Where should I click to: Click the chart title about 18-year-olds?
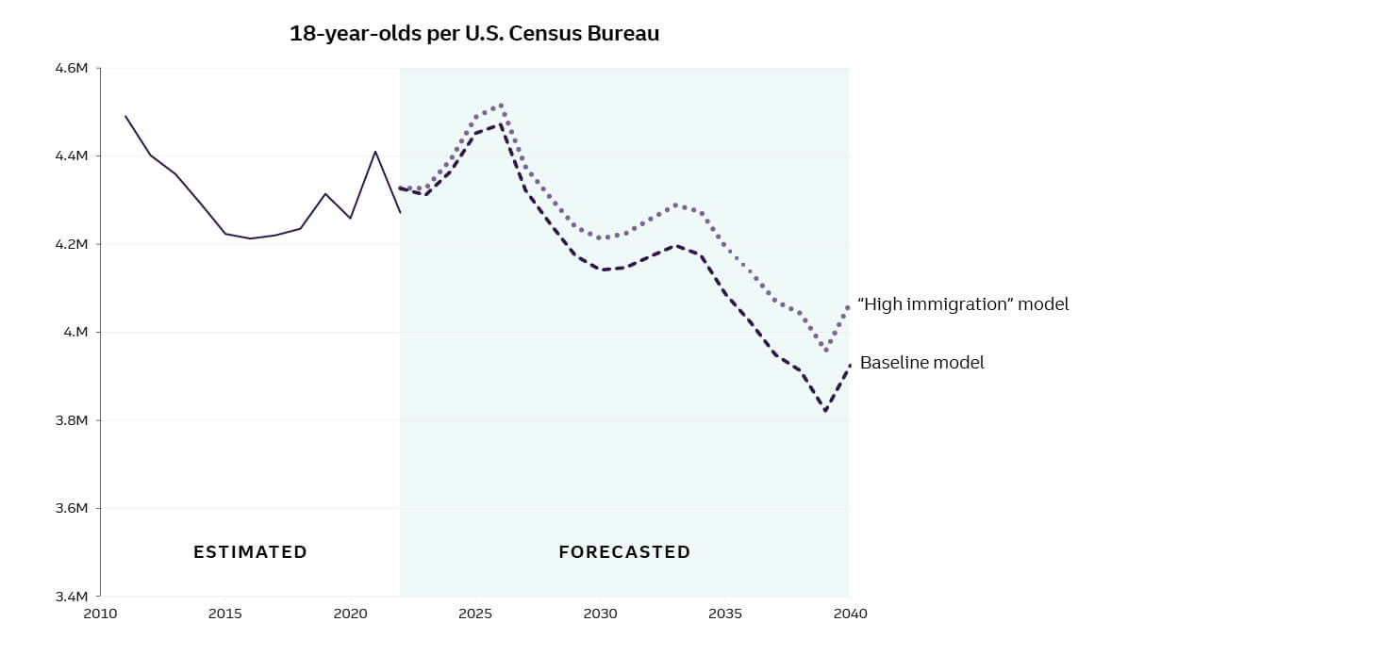(x=474, y=34)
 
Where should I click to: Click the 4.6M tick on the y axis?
(x=74, y=68)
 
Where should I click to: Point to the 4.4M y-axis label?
(x=74, y=156)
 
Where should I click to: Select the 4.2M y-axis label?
(x=74, y=244)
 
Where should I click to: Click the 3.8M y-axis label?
(x=74, y=420)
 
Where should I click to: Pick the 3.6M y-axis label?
(x=74, y=508)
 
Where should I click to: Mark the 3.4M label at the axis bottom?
(x=74, y=597)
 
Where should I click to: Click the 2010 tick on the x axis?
(x=100, y=614)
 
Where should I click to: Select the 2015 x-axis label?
(x=224, y=614)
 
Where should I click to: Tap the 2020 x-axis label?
(x=350, y=614)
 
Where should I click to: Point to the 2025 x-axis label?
(x=474, y=614)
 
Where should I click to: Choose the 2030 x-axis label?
(x=600, y=614)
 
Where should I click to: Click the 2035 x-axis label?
(x=724, y=614)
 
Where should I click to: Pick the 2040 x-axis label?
(x=849, y=614)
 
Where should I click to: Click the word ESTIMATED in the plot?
(x=250, y=552)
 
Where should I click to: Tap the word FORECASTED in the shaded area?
(x=624, y=552)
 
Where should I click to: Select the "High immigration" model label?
(x=963, y=304)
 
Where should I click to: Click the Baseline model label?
(x=921, y=363)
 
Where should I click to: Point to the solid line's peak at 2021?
(x=375, y=152)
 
